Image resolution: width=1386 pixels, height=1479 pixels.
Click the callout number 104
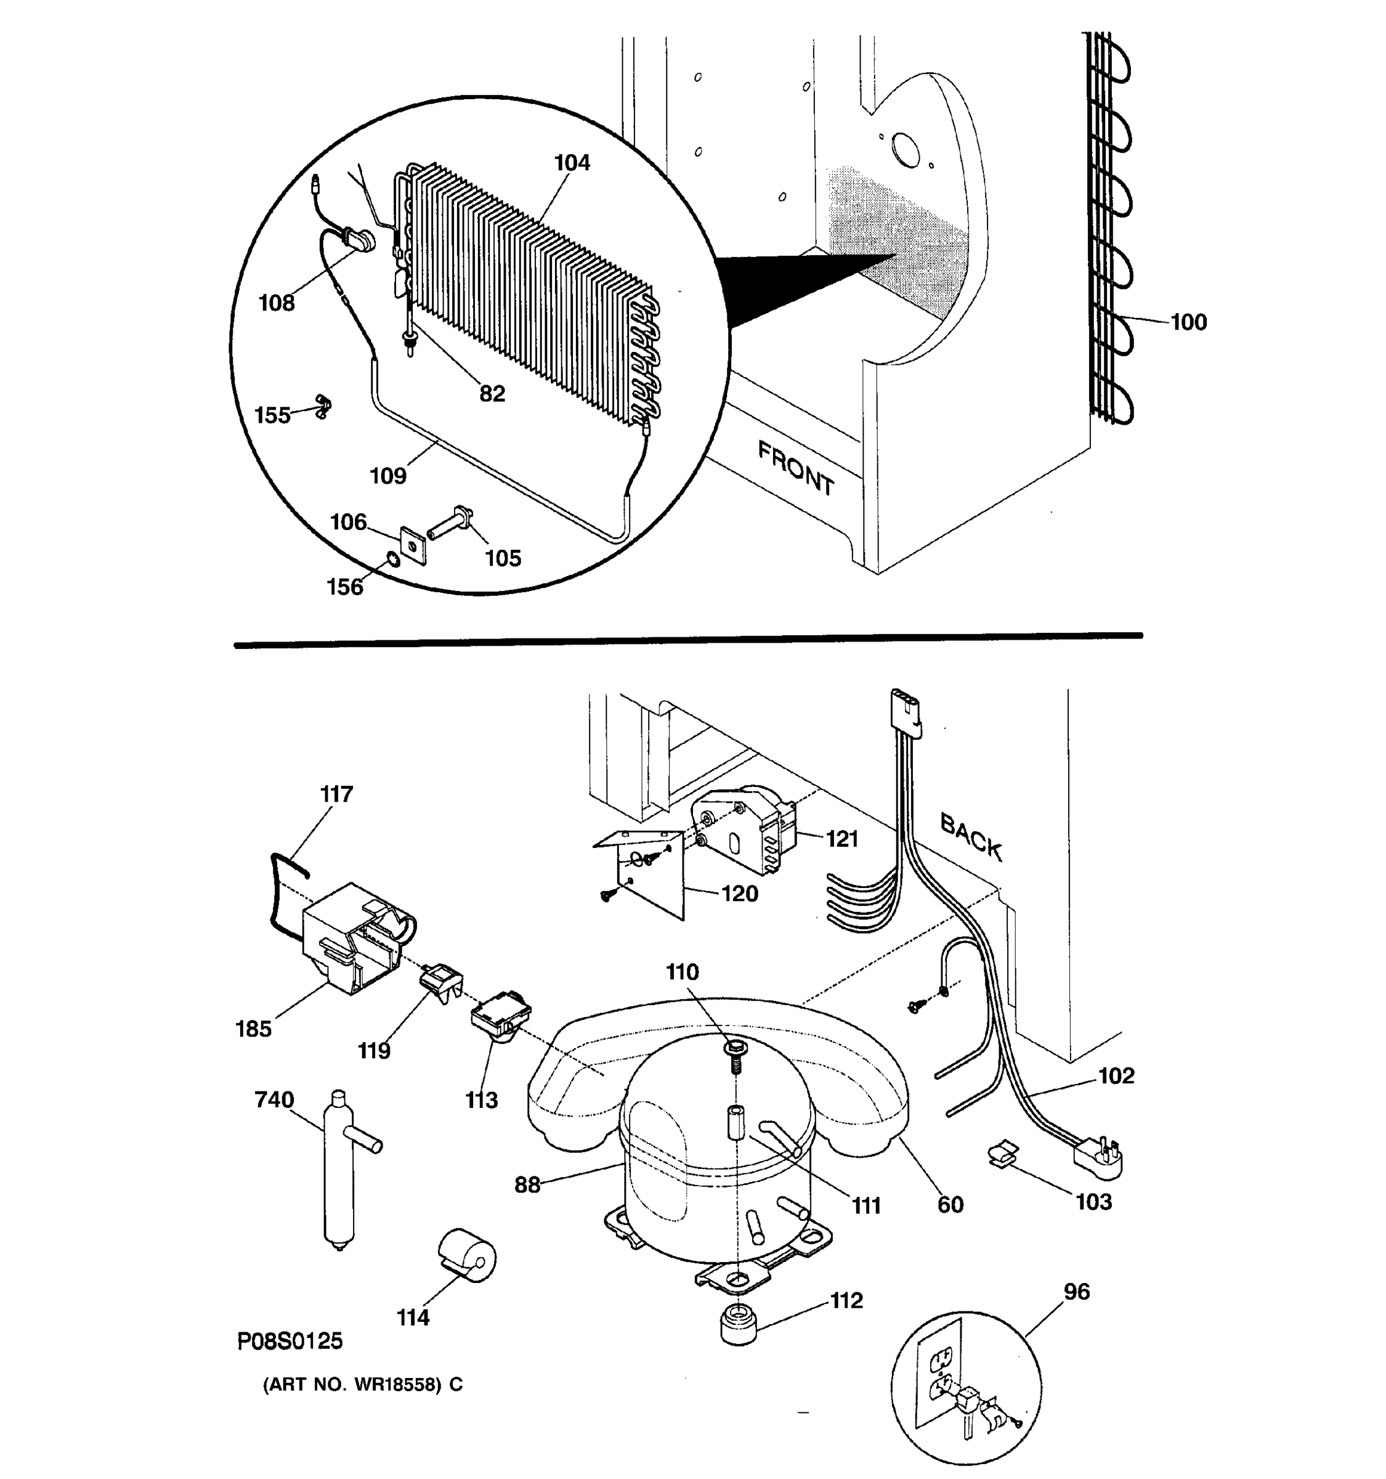coord(571,163)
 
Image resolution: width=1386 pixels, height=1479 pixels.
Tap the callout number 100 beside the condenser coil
coord(1188,322)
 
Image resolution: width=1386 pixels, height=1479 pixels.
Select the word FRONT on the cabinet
coord(796,468)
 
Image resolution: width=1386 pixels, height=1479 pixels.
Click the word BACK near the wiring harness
coord(971,837)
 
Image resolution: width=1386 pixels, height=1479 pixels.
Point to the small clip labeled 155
coord(323,406)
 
